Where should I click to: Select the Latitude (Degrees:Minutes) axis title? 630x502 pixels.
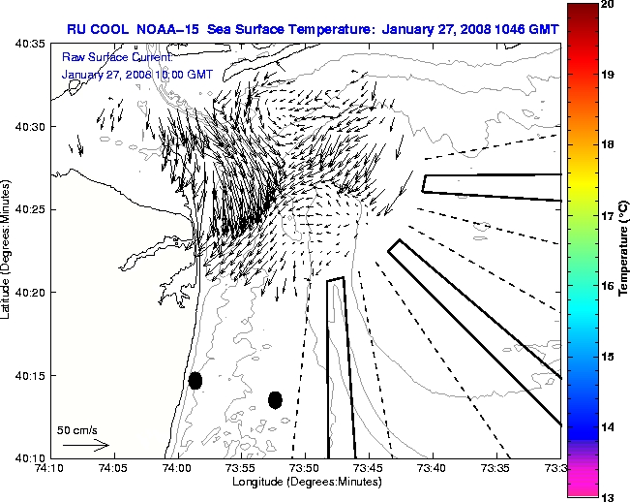pos(8,250)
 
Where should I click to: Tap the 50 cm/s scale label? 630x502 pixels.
pos(77,429)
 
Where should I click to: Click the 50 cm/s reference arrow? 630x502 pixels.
pos(86,446)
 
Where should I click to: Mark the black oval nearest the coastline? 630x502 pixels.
pos(195,380)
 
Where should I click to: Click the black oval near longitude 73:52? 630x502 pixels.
pos(275,399)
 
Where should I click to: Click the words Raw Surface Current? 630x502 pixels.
pos(105,58)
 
